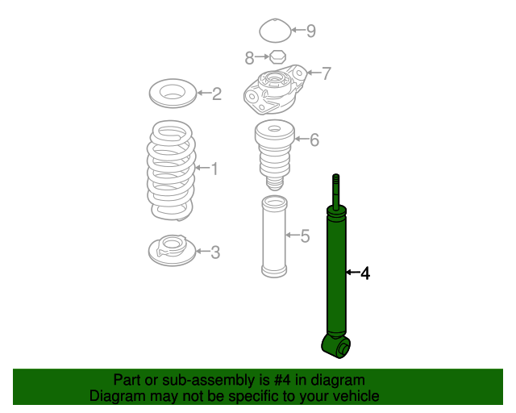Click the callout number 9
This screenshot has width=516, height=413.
(x=311, y=31)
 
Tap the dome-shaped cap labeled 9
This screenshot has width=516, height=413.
(x=275, y=31)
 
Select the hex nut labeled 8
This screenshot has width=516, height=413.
(x=277, y=57)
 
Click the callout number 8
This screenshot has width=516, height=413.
(x=249, y=58)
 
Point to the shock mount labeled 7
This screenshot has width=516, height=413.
(x=275, y=90)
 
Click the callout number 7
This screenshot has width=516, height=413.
(x=326, y=73)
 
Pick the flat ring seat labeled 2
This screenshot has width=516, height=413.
(x=173, y=94)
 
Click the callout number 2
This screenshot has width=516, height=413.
(x=217, y=94)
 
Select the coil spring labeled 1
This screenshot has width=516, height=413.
(x=171, y=170)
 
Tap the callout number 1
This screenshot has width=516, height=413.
(x=214, y=169)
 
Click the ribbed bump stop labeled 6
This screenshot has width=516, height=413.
(x=274, y=155)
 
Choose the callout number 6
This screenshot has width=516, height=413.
(x=314, y=140)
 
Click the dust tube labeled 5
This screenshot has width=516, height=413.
(x=274, y=236)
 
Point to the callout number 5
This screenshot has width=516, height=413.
(x=305, y=236)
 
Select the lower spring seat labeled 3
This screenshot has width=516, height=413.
(x=172, y=250)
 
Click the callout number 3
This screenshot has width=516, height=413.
(x=215, y=252)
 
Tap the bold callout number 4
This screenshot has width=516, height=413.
(x=365, y=273)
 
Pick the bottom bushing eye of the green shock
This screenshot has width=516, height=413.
(x=336, y=347)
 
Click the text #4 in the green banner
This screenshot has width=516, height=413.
(x=282, y=380)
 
